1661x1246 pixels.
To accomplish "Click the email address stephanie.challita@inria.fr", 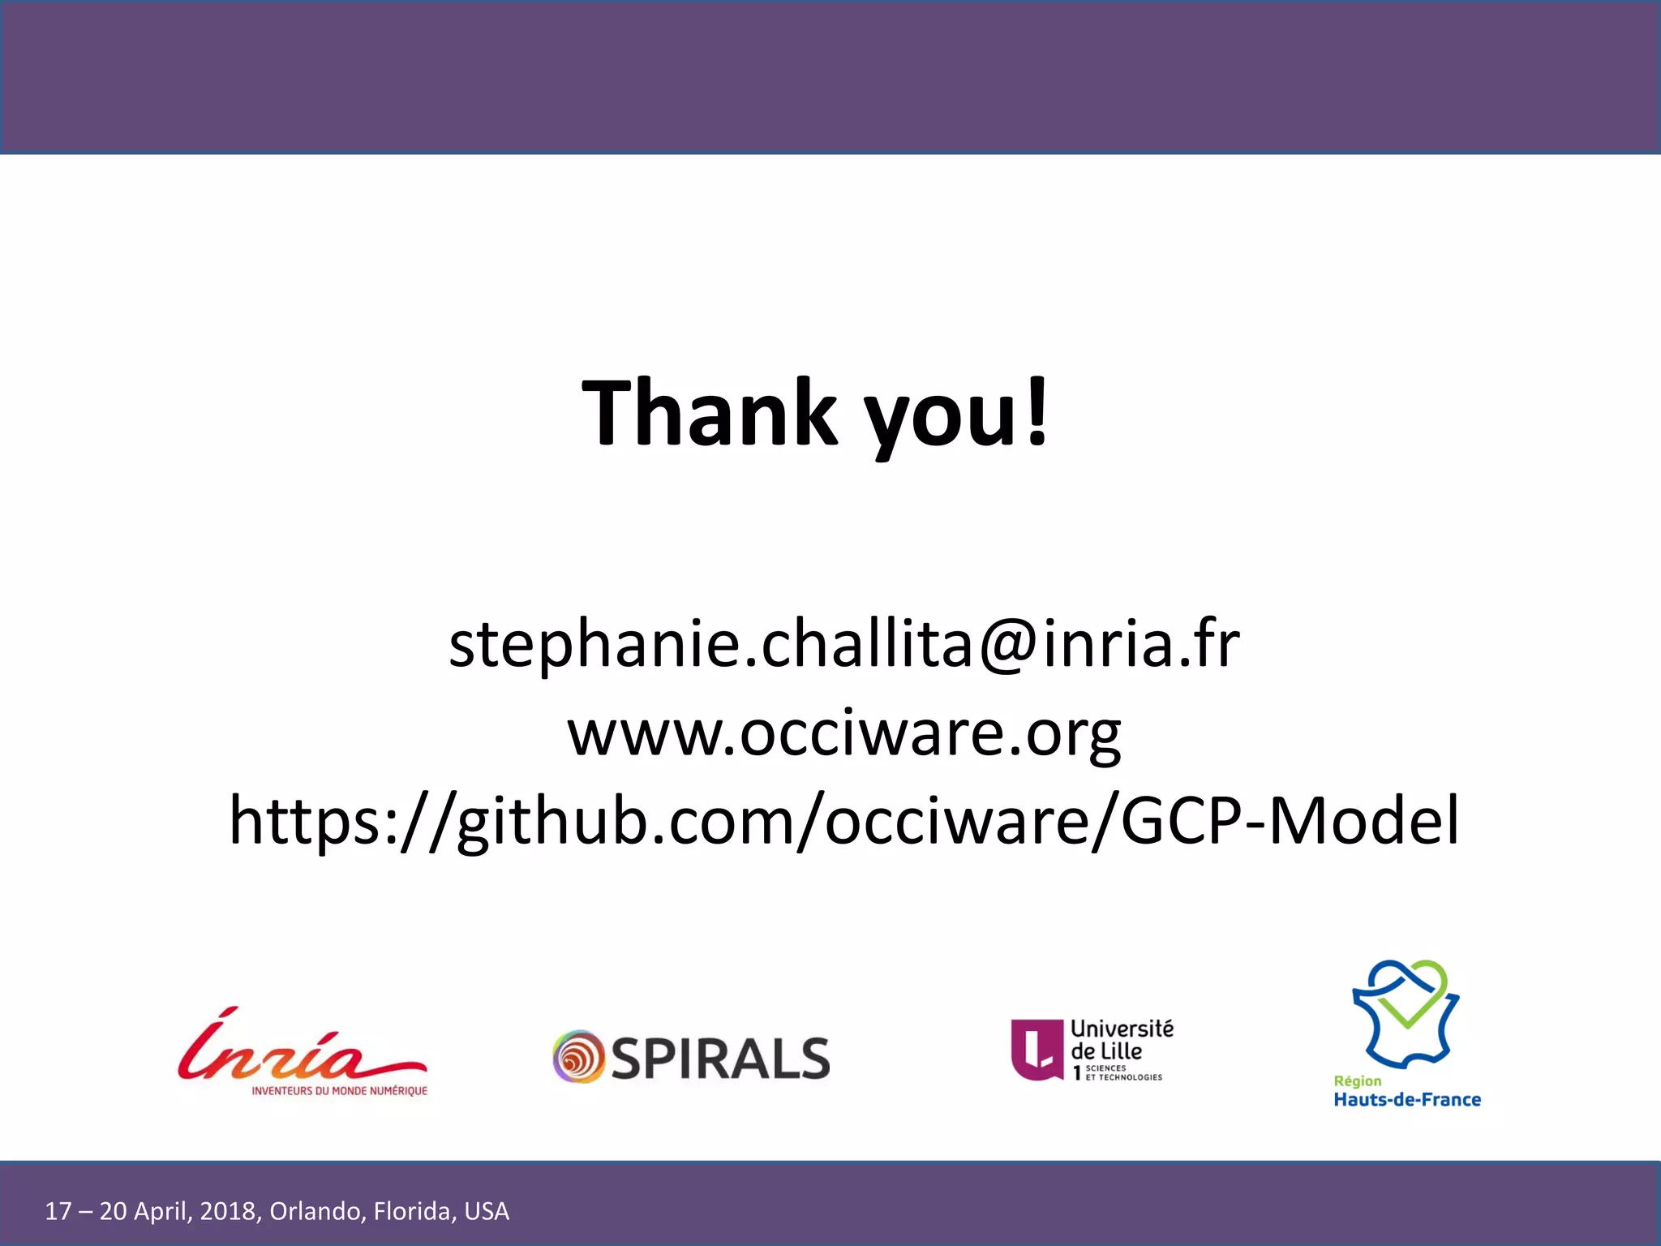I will (844, 644).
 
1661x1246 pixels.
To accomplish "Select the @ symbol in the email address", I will (1007, 646).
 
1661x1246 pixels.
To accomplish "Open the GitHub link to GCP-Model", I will (844, 820).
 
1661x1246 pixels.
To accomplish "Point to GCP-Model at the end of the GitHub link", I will (1290, 820).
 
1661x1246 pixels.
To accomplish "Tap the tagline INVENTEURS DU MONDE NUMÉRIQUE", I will (339, 1091).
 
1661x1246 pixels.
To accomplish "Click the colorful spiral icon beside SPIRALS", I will (578, 1057).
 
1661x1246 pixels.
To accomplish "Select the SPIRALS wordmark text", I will (720, 1059).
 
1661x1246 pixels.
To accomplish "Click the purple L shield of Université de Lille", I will (1037, 1049).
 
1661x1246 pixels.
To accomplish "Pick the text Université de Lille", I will (1121, 1040).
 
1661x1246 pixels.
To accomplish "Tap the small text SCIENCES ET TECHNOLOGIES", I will (1123, 1073).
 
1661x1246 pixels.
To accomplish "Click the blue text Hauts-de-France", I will (1407, 1100).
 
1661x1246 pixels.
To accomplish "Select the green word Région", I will (1357, 1081).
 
